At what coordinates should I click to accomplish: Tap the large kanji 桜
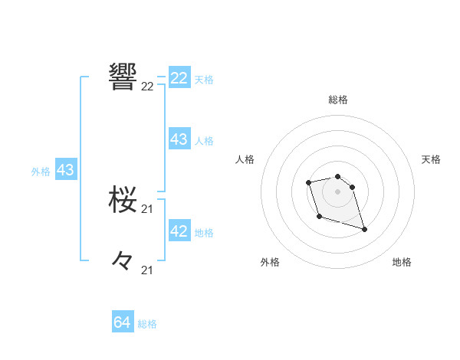pyautogui.click(x=123, y=201)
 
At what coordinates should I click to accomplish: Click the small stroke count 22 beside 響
pyautogui.click(x=147, y=87)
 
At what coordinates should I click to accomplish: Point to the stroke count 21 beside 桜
pyautogui.click(x=147, y=209)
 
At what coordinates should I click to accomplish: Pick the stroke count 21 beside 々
pyautogui.click(x=147, y=270)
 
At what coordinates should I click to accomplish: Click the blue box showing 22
pyautogui.click(x=179, y=78)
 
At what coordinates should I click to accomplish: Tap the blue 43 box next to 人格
pyautogui.click(x=179, y=139)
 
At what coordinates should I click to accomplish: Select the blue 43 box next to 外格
pyautogui.click(x=65, y=170)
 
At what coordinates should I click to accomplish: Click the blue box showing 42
pyautogui.click(x=179, y=231)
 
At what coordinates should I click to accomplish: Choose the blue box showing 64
pyautogui.click(x=123, y=322)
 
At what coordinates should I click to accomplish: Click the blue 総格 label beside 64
pyautogui.click(x=147, y=324)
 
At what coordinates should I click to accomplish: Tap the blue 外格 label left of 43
pyautogui.click(x=41, y=172)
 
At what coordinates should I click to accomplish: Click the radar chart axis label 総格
pyautogui.click(x=338, y=100)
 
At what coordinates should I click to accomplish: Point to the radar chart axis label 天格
pyautogui.click(x=432, y=159)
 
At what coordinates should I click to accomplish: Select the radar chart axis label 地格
pyautogui.click(x=402, y=262)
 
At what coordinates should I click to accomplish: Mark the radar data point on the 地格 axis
pyautogui.click(x=364, y=229)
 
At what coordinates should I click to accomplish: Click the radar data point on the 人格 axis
pyautogui.click(x=308, y=182)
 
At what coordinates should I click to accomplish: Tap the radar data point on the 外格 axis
pyautogui.click(x=319, y=217)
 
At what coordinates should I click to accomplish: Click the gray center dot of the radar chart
pyautogui.click(x=338, y=191)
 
